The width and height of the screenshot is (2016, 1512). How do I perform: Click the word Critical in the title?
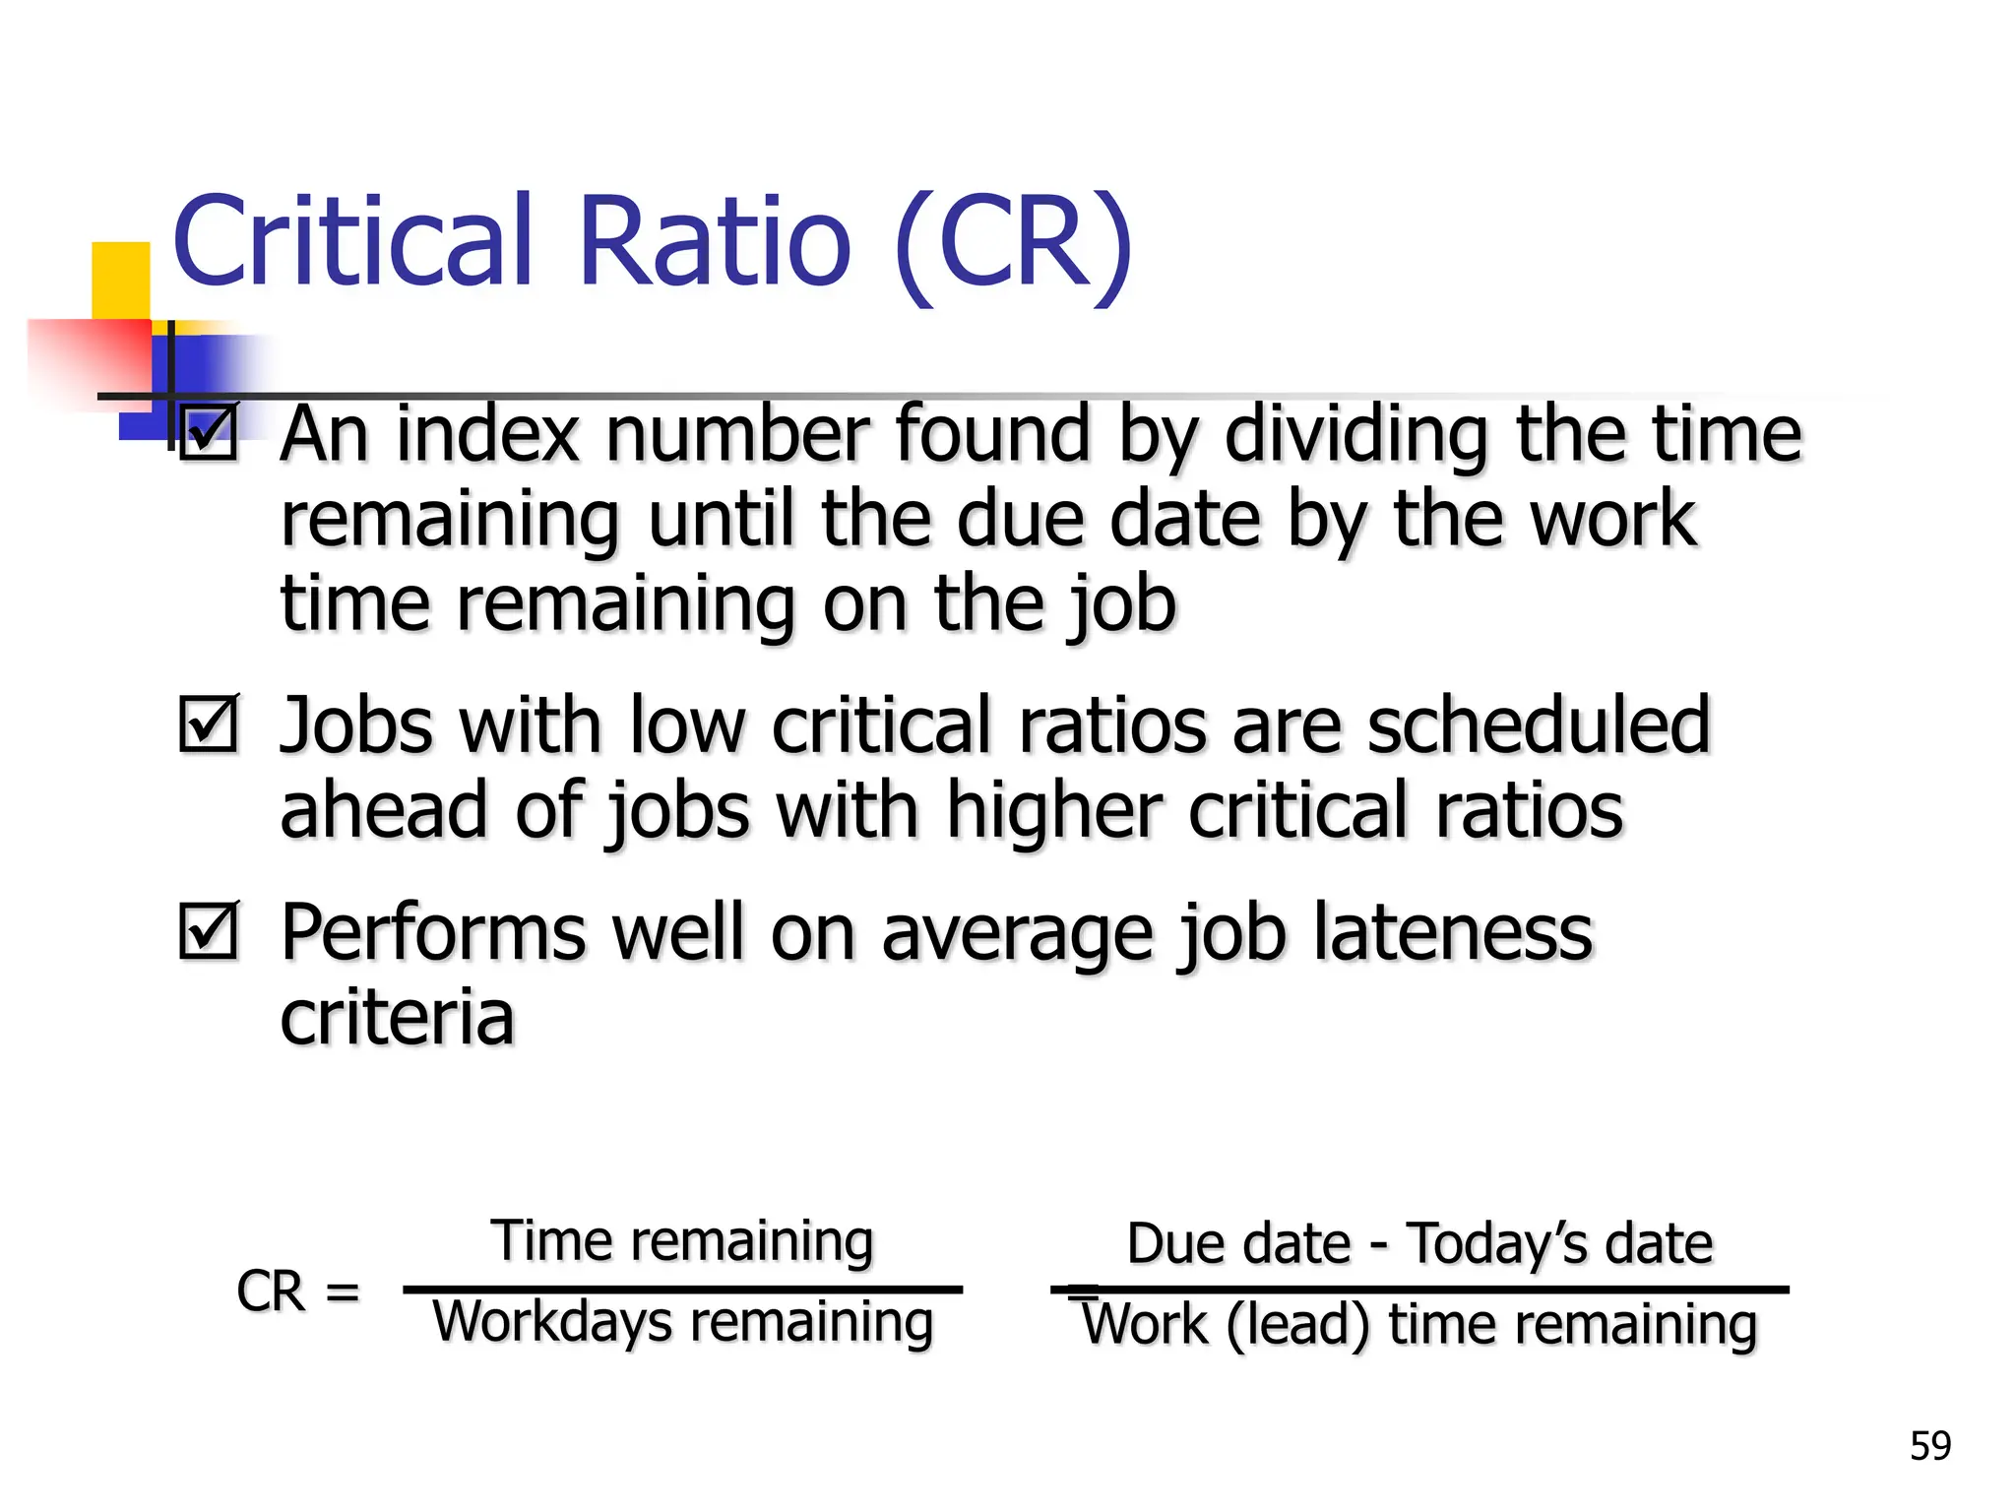point(352,241)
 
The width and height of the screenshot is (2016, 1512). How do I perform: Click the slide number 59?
point(1929,1446)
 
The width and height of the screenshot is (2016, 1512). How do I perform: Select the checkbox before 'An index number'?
point(209,433)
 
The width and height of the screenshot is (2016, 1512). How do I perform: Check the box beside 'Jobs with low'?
point(209,724)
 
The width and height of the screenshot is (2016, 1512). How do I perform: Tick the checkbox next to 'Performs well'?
point(209,930)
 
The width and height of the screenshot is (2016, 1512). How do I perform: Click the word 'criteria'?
point(397,1017)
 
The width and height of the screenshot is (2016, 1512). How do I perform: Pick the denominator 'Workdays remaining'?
point(682,1322)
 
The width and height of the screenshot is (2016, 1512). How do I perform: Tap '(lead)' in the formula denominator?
point(1297,1325)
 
